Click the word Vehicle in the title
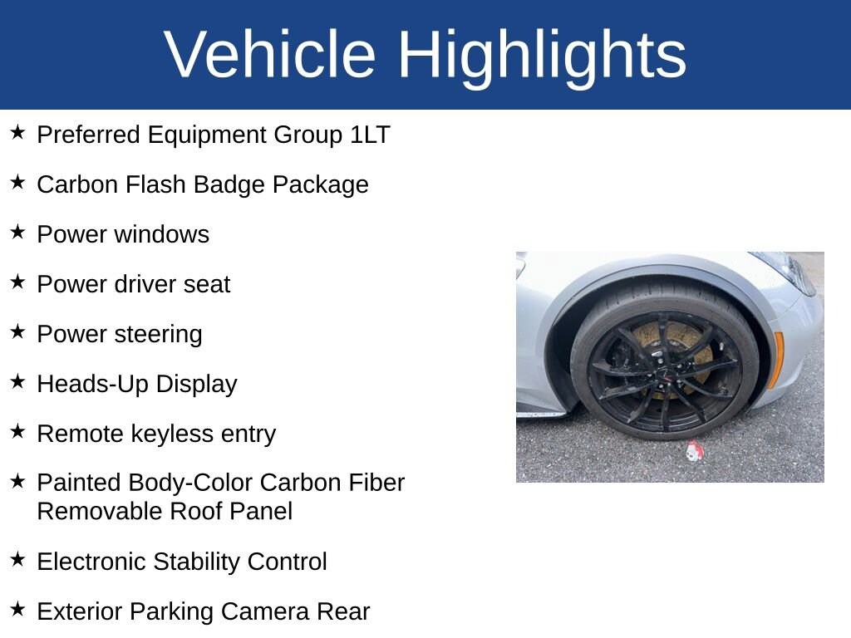[270, 55]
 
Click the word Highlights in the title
[542, 55]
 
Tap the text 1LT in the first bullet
[369, 135]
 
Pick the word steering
[158, 334]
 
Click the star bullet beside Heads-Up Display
[17, 381]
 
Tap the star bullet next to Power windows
[17, 232]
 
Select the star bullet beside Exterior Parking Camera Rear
[17, 609]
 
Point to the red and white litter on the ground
[694, 451]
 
